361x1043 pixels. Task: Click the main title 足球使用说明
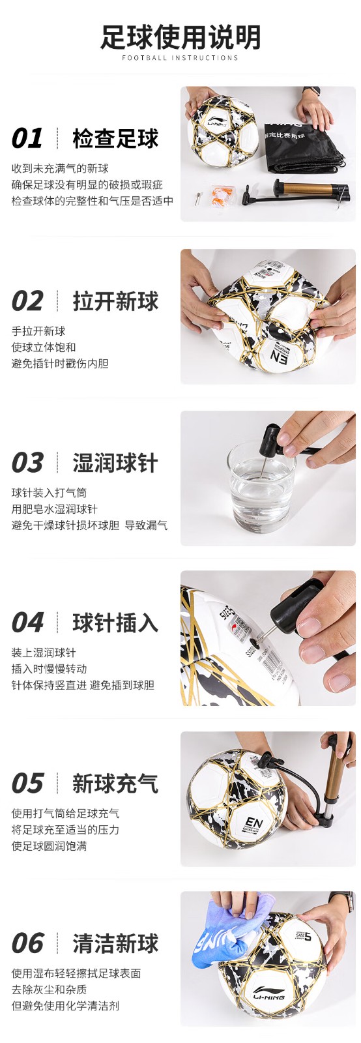[x=180, y=37]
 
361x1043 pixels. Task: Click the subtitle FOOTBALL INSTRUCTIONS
[x=180, y=58]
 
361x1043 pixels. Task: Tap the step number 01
[x=27, y=138]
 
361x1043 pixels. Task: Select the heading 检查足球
[x=115, y=138]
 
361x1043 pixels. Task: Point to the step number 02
[x=27, y=301]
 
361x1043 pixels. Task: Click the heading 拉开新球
[x=115, y=301]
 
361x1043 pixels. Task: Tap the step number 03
[x=27, y=462]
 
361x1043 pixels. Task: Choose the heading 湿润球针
[x=115, y=462]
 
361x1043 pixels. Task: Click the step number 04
[x=27, y=623]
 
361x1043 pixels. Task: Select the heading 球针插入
[x=115, y=623]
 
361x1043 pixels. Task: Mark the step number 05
[x=27, y=783]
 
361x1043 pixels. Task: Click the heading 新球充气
[x=115, y=783]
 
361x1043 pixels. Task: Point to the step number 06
[x=27, y=943]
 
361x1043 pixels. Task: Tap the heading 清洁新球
[x=115, y=943]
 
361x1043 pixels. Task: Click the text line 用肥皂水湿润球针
[x=55, y=509]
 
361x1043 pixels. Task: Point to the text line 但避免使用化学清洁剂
[x=65, y=1006]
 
